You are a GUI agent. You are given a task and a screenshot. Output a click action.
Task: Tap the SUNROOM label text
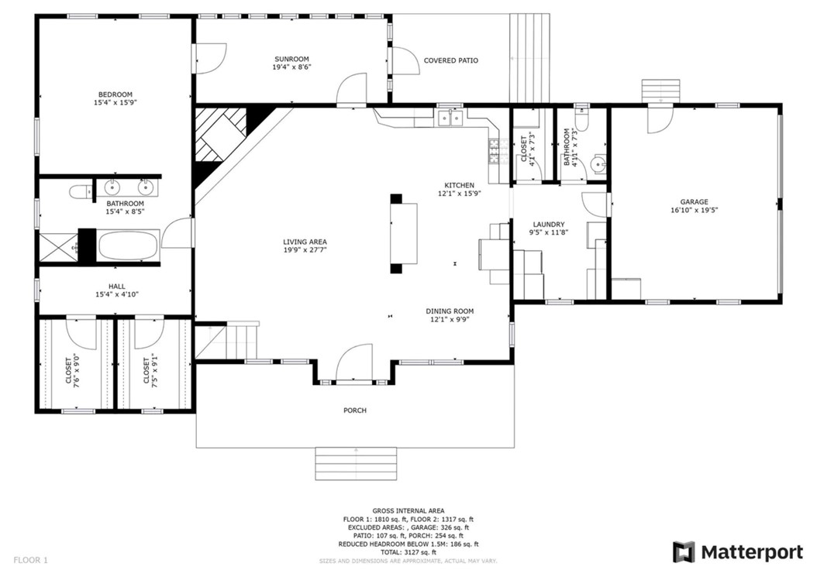(x=291, y=60)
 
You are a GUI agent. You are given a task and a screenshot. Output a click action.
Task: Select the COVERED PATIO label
(x=450, y=60)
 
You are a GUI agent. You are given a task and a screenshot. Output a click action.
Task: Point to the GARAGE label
(x=694, y=202)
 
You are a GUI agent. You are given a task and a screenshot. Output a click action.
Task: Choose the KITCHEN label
(x=459, y=185)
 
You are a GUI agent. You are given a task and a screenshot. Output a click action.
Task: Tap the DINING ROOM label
(x=449, y=311)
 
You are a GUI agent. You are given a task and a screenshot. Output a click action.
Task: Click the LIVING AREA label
(x=305, y=242)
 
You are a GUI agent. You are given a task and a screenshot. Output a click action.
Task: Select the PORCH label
(x=354, y=410)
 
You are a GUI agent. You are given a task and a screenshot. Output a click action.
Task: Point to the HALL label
(x=116, y=287)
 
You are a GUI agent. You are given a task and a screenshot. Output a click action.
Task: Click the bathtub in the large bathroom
(x=128, y=246)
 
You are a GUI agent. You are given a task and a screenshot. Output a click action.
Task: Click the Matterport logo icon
(x=683, y=552)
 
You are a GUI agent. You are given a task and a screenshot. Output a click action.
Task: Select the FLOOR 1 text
(x=31, y=558)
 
